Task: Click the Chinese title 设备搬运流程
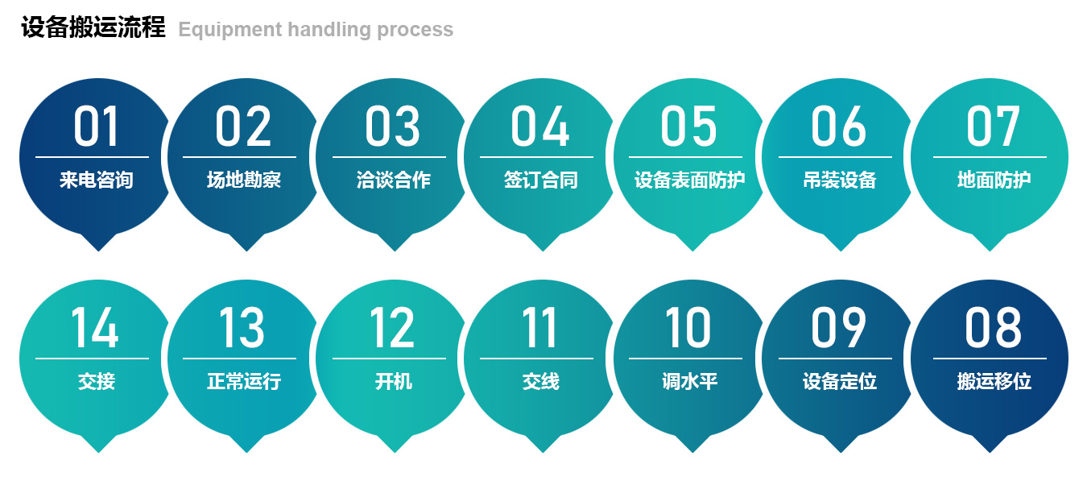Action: coord(93,28)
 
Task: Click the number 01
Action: coord(96,126)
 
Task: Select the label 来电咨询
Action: coord(96,180)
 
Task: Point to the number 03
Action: coord(392,126)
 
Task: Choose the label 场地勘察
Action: coord(244,180)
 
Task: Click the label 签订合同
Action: coord(540,180)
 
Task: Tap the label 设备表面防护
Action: coord(689,180)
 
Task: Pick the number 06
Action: coord(838,126)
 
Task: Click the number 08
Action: coord(993,327)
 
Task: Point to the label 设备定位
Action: coord(839,381)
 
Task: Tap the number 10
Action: coord(688,327)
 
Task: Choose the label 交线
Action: coord(540,381)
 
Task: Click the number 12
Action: coord(392,327)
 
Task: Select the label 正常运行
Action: coord(244,381)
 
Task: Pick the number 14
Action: coord(95,327)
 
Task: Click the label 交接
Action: coord(96,381)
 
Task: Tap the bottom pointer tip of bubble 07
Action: coord(990,249)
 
